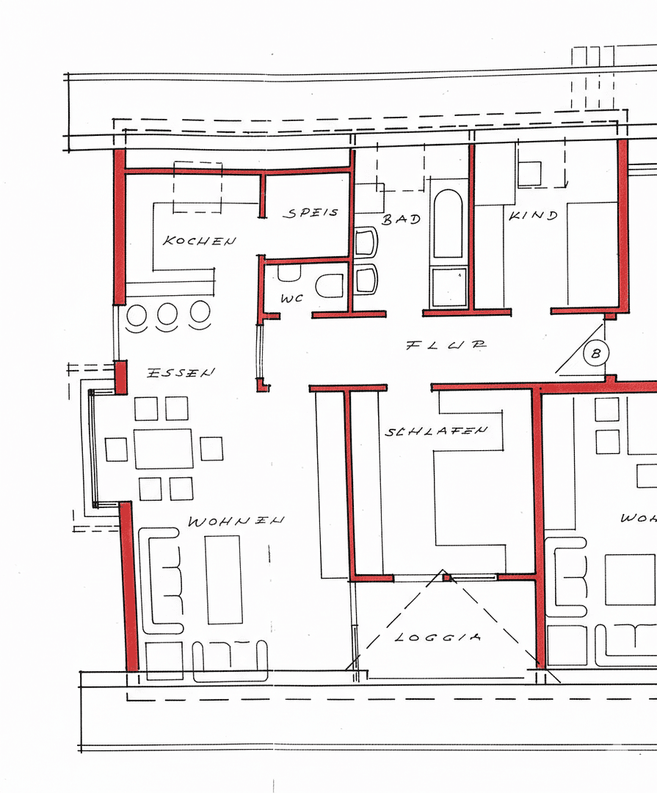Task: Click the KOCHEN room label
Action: (199, 241)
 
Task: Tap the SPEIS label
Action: (312, 213)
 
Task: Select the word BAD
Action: (401, 219)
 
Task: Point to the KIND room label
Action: (533, 216)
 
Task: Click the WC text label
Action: (292, 299)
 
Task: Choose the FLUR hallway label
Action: (446, 344)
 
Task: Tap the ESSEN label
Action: (181, 372)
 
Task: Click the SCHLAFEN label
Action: (435, 432)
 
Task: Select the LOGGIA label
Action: (438, 637)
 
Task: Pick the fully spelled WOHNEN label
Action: (236, 521)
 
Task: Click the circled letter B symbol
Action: (596, 353)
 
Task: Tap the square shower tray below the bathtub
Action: (449, 286)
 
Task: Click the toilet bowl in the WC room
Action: (330, 286)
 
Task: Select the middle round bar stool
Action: (168, 314)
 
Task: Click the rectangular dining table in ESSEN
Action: (163, 449)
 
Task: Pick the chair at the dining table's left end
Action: (117, 449)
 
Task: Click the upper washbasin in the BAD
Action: (366, 242)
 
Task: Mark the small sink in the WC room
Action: (289, 272)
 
